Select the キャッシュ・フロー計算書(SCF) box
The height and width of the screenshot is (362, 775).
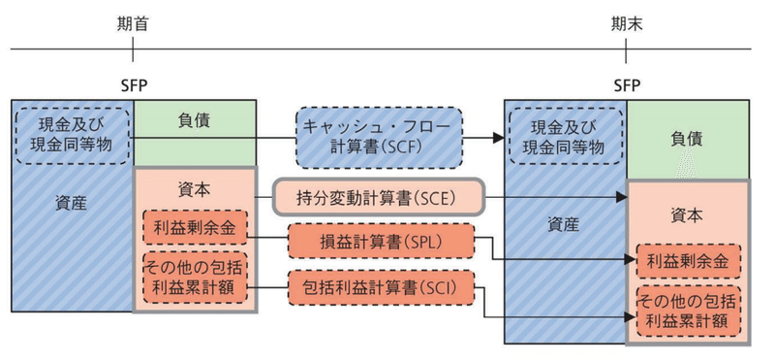pos(380,137)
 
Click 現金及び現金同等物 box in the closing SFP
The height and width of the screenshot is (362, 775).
pos(566,137)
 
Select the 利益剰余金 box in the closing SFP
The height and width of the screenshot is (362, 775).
pos(688,261)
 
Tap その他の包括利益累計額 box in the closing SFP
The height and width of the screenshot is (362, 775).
pos(688,310)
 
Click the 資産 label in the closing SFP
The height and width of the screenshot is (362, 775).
pos(564,224)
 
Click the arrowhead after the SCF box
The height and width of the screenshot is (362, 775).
pos(497,138)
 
